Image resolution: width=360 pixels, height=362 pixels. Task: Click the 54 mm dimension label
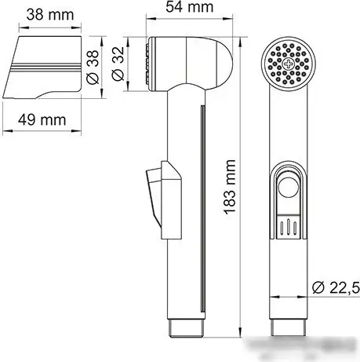click(190, 7)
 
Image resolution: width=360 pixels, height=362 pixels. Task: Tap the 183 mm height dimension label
click(230, 187)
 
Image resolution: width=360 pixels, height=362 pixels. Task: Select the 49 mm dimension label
click(42, 120)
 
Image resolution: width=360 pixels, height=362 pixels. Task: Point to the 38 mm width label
click(50, 15)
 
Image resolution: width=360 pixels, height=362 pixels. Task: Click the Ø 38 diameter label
click(93, 68)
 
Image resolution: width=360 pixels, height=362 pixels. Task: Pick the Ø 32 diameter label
click(118, 64)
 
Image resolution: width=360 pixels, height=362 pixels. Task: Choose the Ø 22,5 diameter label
click(336, 288)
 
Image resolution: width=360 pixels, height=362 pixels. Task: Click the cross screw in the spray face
click(287, 64)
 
